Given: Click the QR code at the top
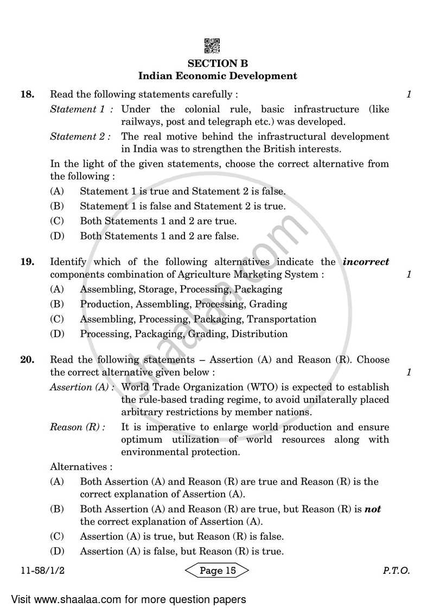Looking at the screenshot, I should tap(212, 46).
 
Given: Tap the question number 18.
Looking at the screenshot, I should tap(27, 94).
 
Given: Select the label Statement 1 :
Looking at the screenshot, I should tap(81, 109).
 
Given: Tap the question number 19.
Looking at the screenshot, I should tap(27, 262).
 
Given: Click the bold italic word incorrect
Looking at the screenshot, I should tap(366, 262).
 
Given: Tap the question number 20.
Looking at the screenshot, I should tap(27, 359).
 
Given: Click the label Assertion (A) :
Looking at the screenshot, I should tap(82, 387).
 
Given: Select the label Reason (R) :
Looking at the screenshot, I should tap(78, 427).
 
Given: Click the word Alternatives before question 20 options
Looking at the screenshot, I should tap(81, 466).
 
